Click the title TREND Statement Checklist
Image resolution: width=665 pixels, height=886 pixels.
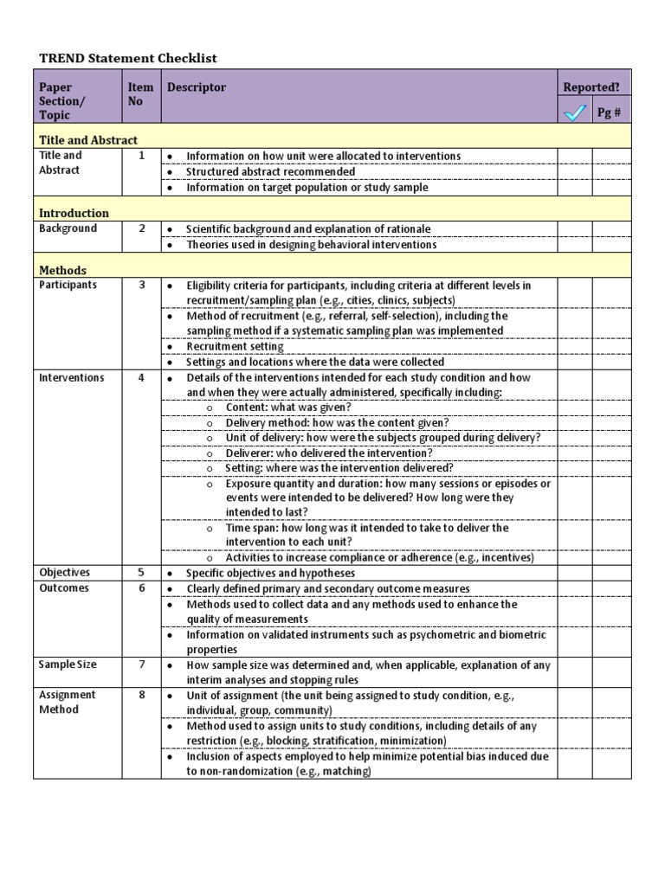pyautogui.click(x=128, y=58)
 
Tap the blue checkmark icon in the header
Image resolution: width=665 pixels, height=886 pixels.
pyautogui.click(x=575, y=112)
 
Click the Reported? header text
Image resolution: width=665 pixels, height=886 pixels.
pyautogui.click(x=591, y=87)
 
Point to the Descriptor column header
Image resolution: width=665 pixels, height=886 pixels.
pyautogui.click(x=197, y=87)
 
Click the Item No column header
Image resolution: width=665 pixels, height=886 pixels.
pyautogui.click(x=140, y=93)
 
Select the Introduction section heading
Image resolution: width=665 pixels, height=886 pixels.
pyautogui.click(x=74, y=213)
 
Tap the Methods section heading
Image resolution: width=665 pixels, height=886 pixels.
pyautogui.click(x=62, y=270)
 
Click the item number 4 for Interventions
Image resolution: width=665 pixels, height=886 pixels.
pyautogui.click(x=141, y=378)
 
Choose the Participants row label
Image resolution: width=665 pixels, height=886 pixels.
pyautogui.click(x=68, y=285)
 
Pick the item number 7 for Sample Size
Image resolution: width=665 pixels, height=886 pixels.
pyautogui.click(x=141, y=664)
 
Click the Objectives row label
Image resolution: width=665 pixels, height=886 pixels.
pyautogui.click(x=64, y=573)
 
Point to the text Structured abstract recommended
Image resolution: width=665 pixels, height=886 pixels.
pyautogui.click(x=270, y=171)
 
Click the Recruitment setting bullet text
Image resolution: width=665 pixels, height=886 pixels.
pyautogui.click(x=235, y=347)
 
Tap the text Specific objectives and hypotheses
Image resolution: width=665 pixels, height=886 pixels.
pyautogui.click(x=270, y=573)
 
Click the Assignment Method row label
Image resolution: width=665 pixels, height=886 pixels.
pyautogui.click(x=68, y=702)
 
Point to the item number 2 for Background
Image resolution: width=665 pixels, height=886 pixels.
pyautogui.click(x=141, y=228)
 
